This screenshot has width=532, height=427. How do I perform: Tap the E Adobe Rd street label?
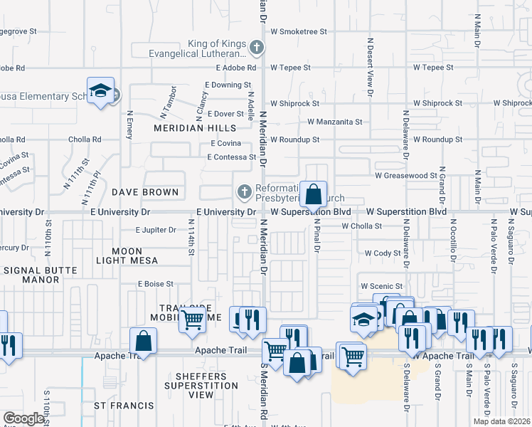[x=235, y=68]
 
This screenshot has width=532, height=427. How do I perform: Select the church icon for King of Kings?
[x=257, y=48]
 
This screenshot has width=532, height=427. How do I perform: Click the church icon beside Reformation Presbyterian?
[x=245, y=191]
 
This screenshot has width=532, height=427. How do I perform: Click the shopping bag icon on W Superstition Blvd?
[x=313, y=194]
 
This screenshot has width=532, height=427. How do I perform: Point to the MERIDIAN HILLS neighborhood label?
[x=195, y=128]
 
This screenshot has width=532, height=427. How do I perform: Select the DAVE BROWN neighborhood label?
[x=144, y=192]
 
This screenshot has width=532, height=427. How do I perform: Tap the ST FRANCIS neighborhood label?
[x=124, y=406]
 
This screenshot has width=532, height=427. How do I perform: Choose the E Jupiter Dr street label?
[x=156, y=230]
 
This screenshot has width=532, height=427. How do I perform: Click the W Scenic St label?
[x=383, y=287]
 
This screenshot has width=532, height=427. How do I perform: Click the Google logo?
[x=24, y=418]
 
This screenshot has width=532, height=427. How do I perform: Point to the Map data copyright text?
[x=501, y=421]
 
